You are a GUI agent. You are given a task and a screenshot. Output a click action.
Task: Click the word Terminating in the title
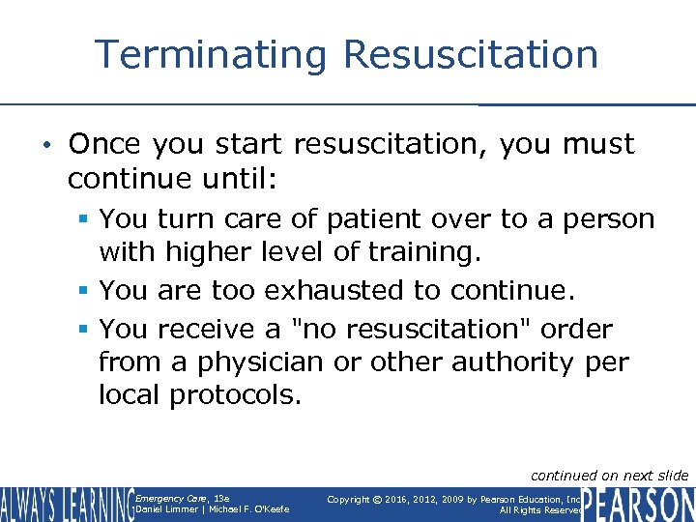212,54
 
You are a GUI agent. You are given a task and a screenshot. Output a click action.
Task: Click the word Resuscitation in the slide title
471,54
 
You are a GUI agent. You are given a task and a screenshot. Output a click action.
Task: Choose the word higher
205,252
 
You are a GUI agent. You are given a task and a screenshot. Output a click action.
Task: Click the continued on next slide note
609,475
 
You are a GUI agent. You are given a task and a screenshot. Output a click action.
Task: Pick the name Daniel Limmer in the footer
167,509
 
